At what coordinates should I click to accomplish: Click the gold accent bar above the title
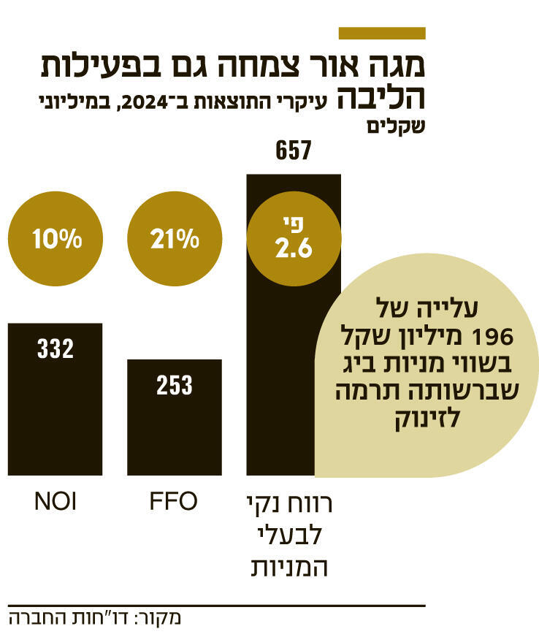pyautogui.click(x=382, y=33)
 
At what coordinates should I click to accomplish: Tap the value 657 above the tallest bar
pyautogui.click(x=294, y=151)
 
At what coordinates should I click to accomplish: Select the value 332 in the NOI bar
pyautogui.click(x=55, y=348)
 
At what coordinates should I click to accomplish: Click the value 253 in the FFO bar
pyautogui.click(x=174, y=385)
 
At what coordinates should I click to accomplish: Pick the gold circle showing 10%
pyautogui.click(x=55, y=239)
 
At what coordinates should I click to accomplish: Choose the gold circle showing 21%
pyautogui.click(x=174, y=239)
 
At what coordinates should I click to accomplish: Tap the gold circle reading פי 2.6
pyautogui.click(x=294, y=239)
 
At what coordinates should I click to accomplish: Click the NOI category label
pyautogui.click(x=55, y=503)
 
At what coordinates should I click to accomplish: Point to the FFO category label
pyautogui.click(x=174, y=503)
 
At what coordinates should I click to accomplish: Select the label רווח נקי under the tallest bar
pyautogui.click(x=294, y=504)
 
